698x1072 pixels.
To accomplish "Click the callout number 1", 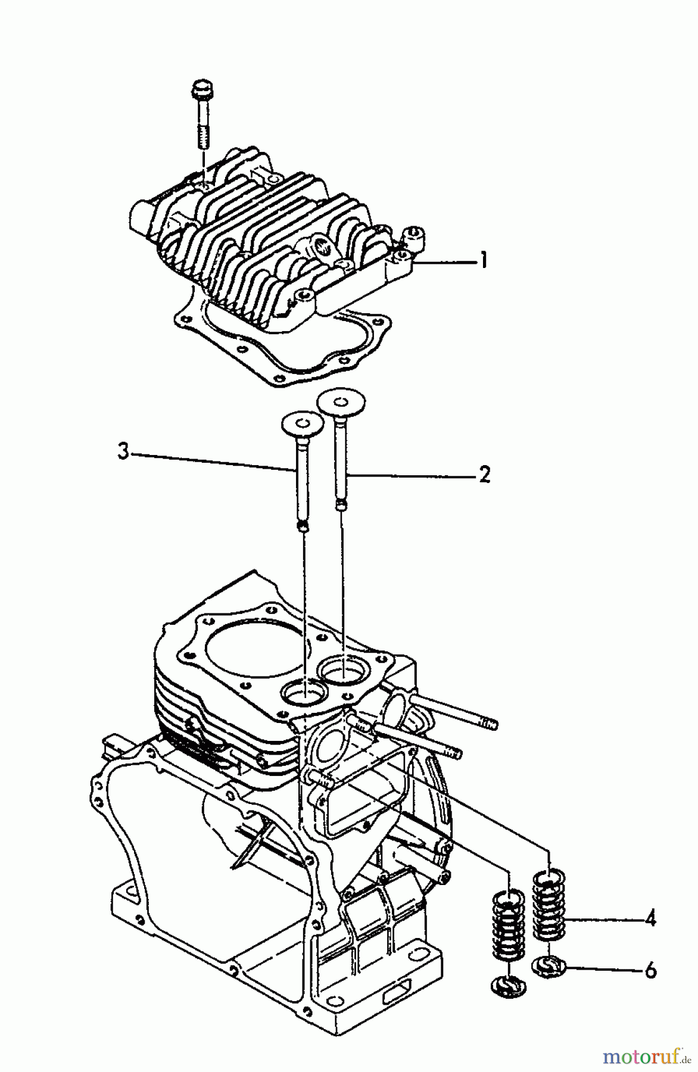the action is [x=484, y=260].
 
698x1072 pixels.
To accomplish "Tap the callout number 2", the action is [x=484, y=475].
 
